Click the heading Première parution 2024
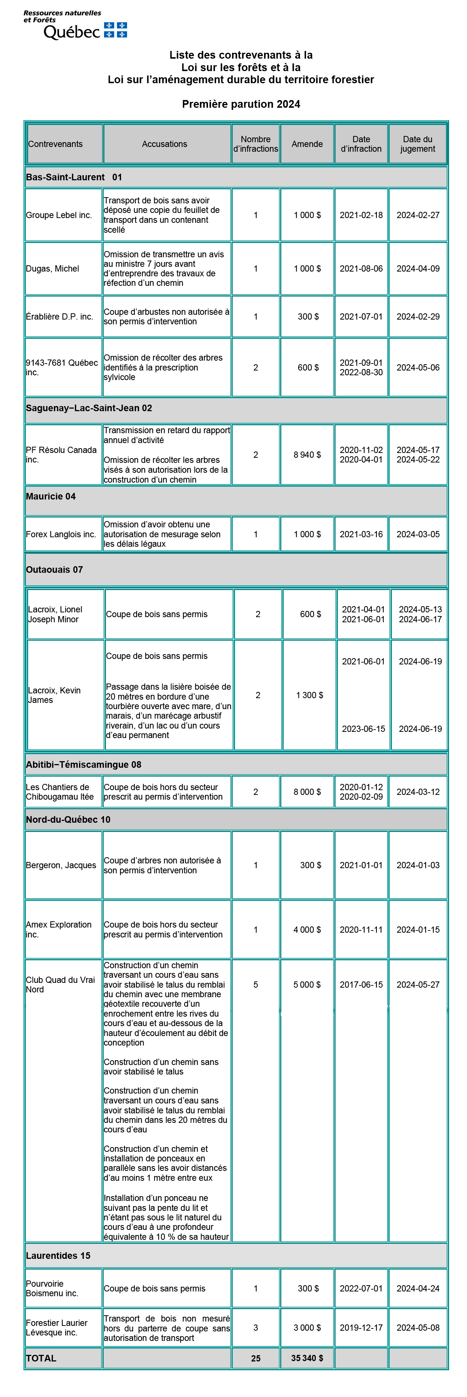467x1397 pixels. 241,104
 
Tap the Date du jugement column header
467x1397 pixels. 417,144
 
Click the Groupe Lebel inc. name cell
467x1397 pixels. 59,215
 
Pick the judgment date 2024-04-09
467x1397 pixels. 418,269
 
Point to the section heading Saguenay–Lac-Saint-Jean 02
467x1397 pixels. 89,408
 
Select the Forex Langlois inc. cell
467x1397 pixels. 61,534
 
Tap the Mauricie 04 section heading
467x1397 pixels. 51,496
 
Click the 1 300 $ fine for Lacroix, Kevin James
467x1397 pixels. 310,695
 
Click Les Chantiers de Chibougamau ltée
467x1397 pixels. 60,792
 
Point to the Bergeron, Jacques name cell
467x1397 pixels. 61,865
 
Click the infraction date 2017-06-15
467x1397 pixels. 361,984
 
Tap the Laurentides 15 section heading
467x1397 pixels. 58,1256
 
